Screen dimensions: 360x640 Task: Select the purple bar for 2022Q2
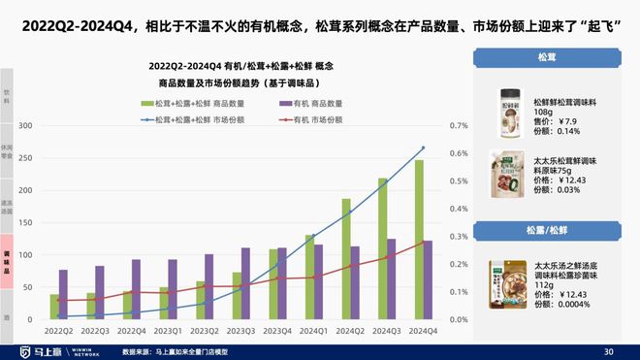click(x=63, y=295)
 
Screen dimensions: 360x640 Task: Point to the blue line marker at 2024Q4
click(x=423, y=148)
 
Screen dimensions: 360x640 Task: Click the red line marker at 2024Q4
click(x=423, y=243)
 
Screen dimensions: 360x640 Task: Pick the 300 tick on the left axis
click(x=25, y=126)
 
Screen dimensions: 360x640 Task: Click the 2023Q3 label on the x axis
click(x=239, y=331)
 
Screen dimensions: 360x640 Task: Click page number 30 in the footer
click(x=609, y=350)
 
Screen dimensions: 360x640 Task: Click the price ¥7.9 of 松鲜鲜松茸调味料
click(x=558, y=122)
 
